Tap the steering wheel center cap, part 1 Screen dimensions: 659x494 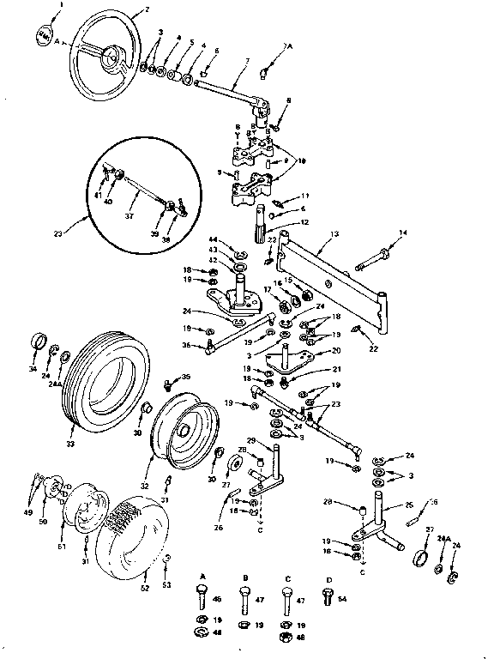(x=44, y=37)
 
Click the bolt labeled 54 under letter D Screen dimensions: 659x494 (x=327, y=600)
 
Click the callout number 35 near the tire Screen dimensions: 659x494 (x=185, y=376)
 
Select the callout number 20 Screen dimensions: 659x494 (x=336, y=350)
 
